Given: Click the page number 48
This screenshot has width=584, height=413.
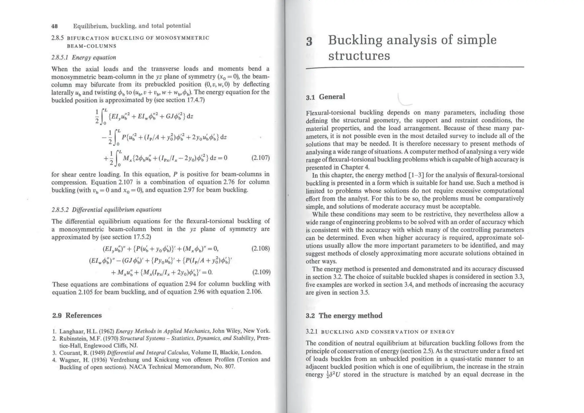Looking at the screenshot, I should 54,26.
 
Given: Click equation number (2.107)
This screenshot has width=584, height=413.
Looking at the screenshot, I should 260,158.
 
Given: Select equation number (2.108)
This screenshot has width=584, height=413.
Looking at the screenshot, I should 260,248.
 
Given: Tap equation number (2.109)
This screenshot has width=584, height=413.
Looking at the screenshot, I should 261,272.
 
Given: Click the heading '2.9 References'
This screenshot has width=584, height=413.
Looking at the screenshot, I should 77,315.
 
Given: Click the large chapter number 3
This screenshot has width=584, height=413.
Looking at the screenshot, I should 309,42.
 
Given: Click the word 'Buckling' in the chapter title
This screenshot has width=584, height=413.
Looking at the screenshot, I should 355,40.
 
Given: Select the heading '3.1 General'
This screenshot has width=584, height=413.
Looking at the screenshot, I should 325,97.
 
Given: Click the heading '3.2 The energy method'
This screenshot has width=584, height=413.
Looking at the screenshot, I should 344,316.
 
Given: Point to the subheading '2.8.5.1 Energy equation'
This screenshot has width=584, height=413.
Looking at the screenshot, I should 84,58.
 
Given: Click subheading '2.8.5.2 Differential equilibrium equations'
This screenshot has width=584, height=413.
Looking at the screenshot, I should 106,210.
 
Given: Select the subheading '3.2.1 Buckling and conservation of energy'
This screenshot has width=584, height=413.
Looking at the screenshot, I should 380,332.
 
